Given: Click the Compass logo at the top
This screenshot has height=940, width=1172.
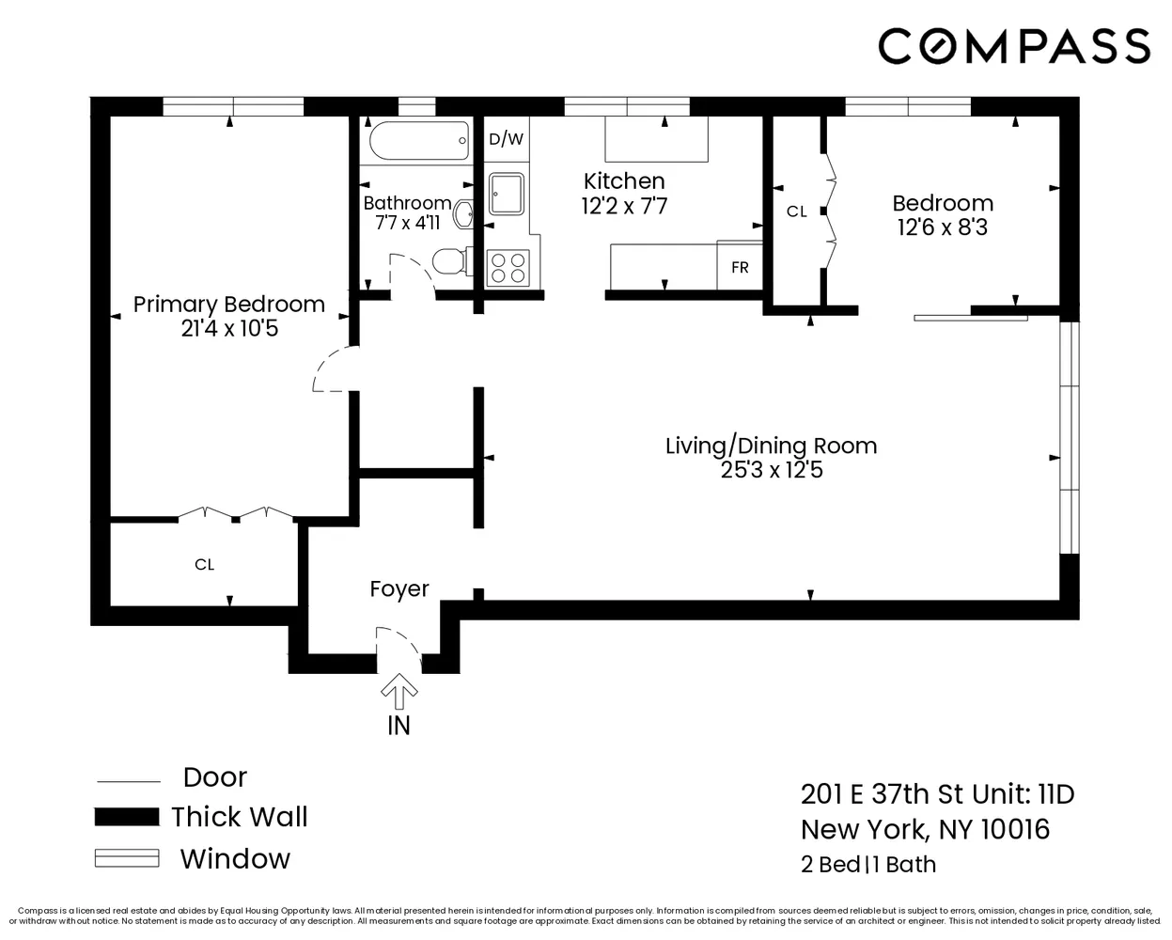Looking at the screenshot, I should tap(1014, 45).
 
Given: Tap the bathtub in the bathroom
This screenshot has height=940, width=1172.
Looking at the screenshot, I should tap(418, 142).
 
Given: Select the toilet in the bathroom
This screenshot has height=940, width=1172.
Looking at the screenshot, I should tap(452, 260).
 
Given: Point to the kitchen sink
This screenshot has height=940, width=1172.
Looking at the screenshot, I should tap(508, 195).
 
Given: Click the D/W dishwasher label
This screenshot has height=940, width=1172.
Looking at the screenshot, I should tap(506, 139).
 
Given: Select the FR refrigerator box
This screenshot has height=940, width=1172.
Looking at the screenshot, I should tap(740, 267).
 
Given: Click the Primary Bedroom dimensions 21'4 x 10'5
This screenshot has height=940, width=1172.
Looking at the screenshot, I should tap(229, 329).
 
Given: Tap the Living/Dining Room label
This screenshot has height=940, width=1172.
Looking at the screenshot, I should tap(771, 446).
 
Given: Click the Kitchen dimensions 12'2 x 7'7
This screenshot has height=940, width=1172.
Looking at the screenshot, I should tap(624, 206).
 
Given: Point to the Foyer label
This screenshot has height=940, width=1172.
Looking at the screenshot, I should tap(399, 589).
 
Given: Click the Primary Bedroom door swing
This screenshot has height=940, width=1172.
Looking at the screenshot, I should tap(333, 370).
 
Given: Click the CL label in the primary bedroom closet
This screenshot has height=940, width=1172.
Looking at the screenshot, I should tap(205, 565).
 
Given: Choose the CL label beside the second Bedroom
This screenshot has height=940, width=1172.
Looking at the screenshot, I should tap(796, 211).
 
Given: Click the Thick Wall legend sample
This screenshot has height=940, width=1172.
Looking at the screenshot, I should tap(126, 817).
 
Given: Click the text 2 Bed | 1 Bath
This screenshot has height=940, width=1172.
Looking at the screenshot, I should tap(867, 864).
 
